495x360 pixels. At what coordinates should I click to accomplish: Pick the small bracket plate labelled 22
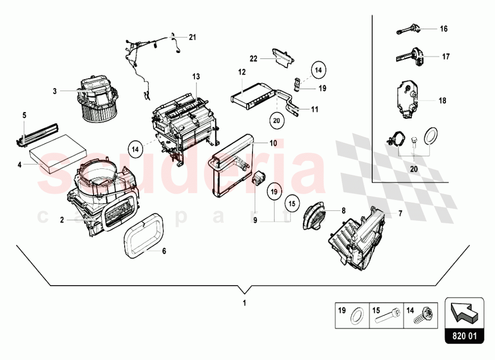pos(282,55)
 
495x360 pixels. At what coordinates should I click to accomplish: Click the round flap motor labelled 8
pos(314,217)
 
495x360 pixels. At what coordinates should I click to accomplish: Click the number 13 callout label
pos(197,76)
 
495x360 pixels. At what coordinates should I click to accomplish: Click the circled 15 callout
pos(292,203)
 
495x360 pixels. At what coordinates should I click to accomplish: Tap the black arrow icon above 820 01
pos(464,313)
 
